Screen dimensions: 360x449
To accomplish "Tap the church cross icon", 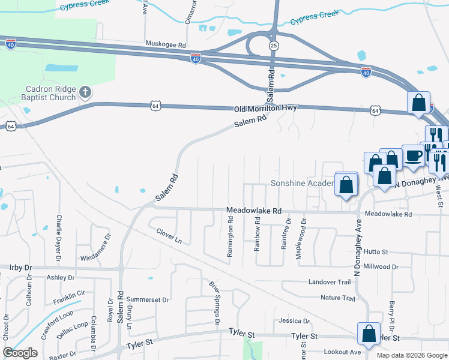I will [x=85, y=92].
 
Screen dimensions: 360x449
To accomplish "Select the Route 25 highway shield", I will [x=274, y=46].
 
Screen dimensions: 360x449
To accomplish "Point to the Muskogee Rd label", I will [x=166, y=44].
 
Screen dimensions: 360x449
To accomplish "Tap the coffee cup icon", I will [x=413, y=156].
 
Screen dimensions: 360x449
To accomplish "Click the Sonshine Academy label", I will [x=301, y=183].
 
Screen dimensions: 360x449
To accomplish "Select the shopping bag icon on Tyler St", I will [x=369, y=333].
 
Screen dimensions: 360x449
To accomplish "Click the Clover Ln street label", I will [x=169, y=235].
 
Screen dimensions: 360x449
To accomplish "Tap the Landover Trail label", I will [x=329, y=282].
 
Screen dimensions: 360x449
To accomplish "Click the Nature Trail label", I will [x=338, y=298].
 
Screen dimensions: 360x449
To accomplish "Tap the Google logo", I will [x=20, y=353].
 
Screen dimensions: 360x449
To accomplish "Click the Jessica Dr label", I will [x=294, y=322].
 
